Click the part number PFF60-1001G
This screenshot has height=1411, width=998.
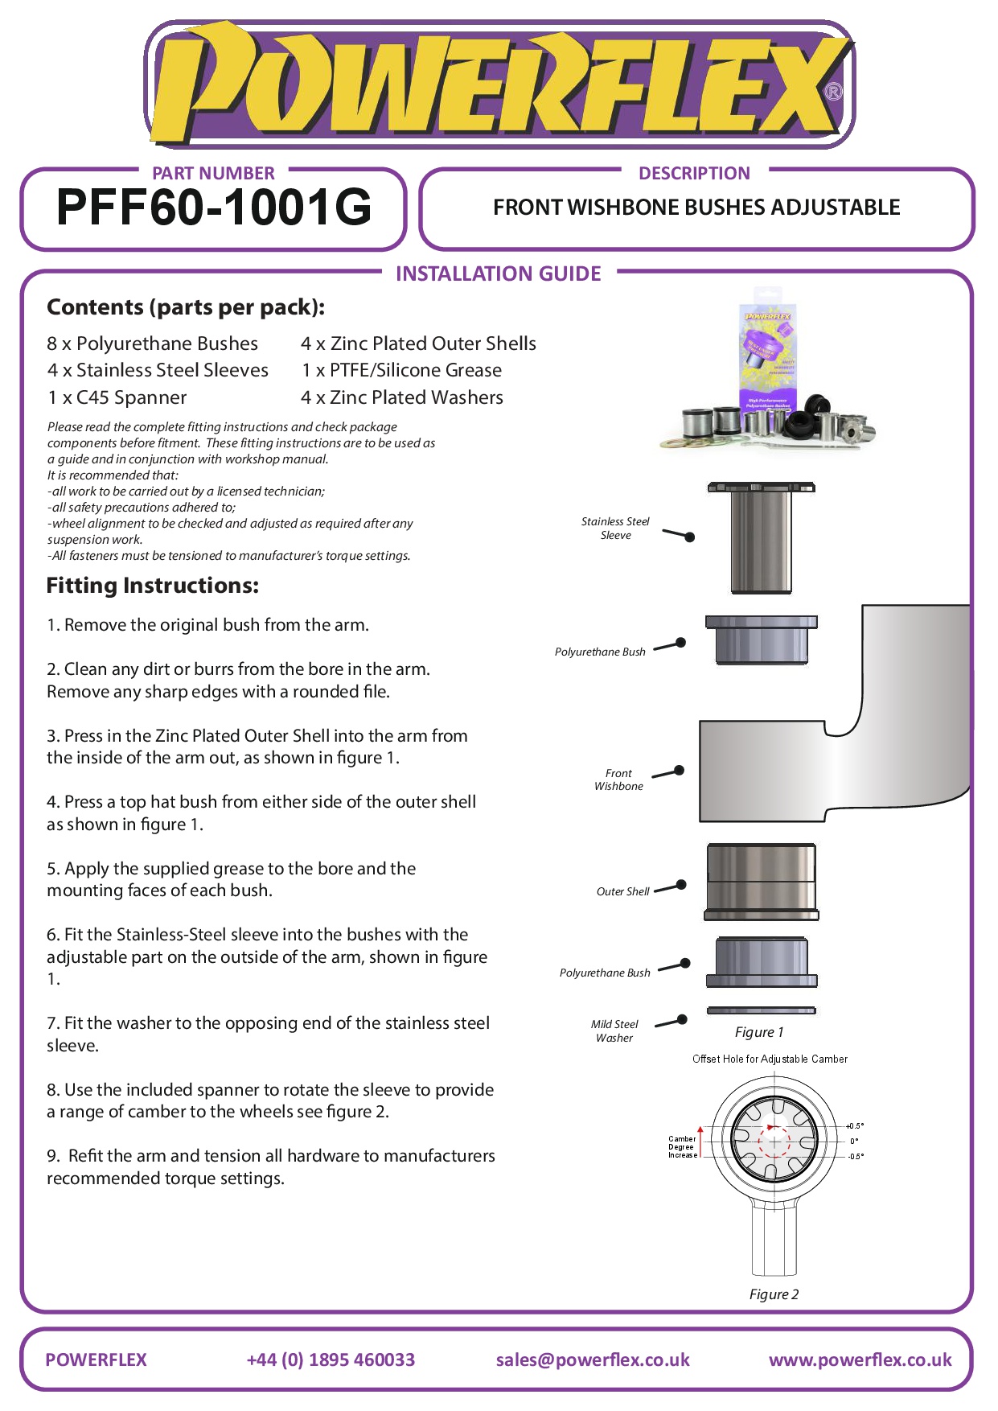tap(214, 208)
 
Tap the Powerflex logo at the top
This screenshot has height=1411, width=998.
tap(499, 84)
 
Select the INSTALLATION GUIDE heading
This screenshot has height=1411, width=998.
tap(498, 274)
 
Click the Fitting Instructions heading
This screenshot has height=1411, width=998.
tap(153, 586)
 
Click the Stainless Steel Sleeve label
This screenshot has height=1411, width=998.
tap(615, 529)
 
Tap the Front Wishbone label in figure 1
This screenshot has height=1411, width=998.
tap(618, 780)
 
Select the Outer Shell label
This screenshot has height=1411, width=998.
tap(622, 891)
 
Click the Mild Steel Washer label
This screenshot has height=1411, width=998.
tap(614, 1030)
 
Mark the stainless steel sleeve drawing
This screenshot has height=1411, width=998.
tap(761, 537)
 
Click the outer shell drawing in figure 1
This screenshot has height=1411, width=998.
tap(762, 881)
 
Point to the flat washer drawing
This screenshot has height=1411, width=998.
tap(761, 1010)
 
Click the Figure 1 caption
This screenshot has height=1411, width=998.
tap(758, 1032)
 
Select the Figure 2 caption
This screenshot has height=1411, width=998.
tap(774, 1294)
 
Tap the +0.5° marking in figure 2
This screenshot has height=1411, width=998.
tap(855, 1126)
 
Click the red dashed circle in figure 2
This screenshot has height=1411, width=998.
tap(774, 1141)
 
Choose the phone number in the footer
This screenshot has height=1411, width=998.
tap(331, 1360)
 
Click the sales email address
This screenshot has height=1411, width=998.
tap(593, 1360)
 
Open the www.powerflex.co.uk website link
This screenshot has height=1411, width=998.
tap(860, 1360)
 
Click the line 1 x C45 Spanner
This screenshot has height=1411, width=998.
tap(117, 397)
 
